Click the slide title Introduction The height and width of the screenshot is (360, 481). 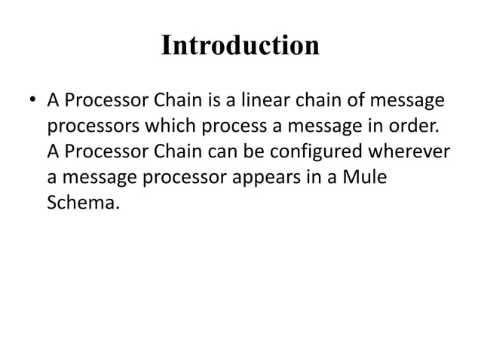(240, 47)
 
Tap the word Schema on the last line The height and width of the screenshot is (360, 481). (81, 203)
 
